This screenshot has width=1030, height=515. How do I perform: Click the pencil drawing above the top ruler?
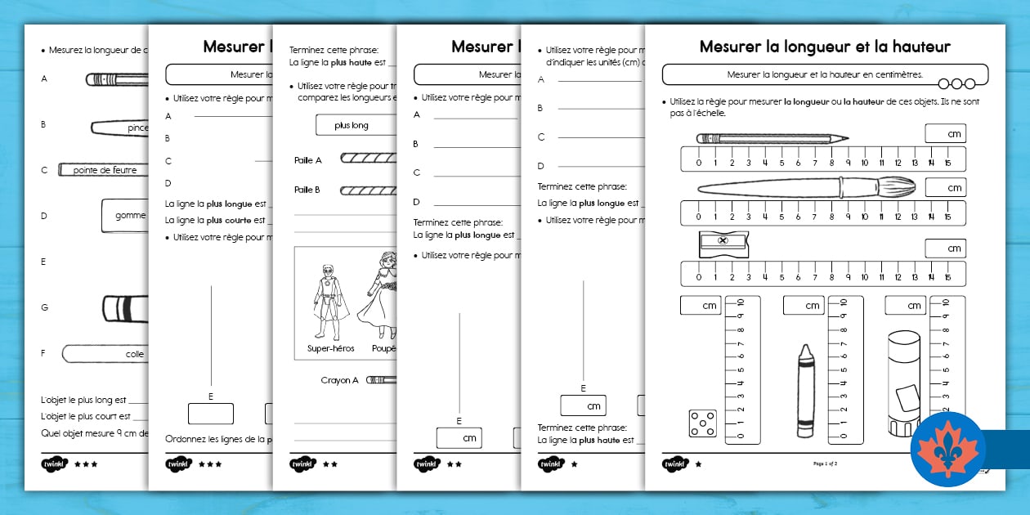click(x=772, y=139)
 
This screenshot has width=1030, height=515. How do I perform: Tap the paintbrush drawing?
click(x=805, y=187)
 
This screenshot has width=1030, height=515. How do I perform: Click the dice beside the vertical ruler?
click(x=703, y=423)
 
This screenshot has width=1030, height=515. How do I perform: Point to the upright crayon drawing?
click(x=805, y=387)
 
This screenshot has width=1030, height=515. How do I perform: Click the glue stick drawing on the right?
click(x=907, y=384)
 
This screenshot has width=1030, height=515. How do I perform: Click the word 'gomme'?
click(x=131, y=216)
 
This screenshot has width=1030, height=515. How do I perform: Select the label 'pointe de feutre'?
click(x=105, y=170)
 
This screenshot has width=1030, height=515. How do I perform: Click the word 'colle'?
click(x=135, y=354)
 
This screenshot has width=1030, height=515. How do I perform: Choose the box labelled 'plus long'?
click(x=352, y=125)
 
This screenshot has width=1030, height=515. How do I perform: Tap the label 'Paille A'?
click(x=308, y=160)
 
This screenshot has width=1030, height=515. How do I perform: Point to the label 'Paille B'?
click(x=308, y=190)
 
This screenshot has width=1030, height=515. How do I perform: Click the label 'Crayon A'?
click(x=339, y=380)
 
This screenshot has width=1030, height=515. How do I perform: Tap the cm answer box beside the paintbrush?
click(x=945, y=187)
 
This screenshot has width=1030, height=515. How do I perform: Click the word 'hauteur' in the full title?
click(x=918, y=47)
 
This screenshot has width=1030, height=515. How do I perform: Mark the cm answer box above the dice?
click(x=700, y=306)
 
